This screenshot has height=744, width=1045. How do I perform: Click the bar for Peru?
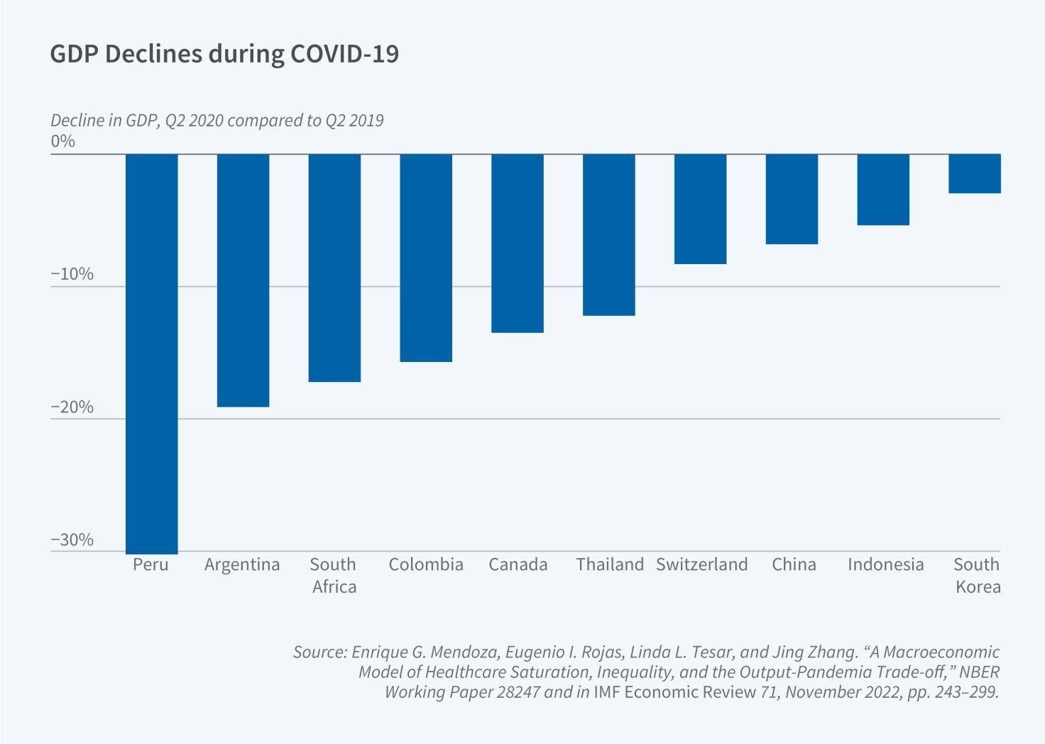click(152, 354)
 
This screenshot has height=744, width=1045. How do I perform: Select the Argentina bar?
click(243, 280)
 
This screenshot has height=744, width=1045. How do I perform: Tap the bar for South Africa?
click(334, 268)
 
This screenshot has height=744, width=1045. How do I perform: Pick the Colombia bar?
click(426, 258)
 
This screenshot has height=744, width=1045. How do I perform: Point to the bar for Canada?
click(518, 243)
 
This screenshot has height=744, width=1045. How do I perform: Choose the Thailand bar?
click(609, 234)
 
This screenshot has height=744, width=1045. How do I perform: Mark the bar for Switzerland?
click(701, 209)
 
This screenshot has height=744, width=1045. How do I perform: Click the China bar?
click(792, 199)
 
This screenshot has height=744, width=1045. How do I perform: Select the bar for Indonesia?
click(883, 190)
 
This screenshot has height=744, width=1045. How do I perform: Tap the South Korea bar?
click(975, 173)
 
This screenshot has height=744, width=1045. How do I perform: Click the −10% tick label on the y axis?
click(72, 274)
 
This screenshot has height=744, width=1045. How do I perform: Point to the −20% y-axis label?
click(72, 407)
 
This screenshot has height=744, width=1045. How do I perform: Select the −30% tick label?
click(72, 540)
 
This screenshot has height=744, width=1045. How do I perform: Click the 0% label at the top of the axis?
click(63, 141)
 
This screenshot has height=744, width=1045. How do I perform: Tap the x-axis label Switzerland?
click(701, 564)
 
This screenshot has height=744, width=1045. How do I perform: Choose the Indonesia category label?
click(885, 564)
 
